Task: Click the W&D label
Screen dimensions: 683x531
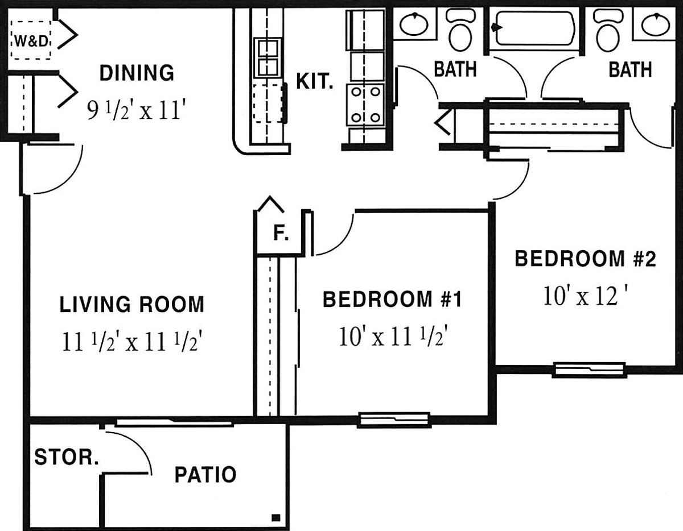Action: point(32,41)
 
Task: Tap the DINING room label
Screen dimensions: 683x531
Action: point(137,73)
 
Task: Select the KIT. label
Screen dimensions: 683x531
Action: point(314,82)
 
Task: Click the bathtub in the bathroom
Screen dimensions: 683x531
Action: point(534,28)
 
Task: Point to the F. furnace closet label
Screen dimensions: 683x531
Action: point(281,233)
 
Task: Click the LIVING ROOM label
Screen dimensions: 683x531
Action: point(132,304)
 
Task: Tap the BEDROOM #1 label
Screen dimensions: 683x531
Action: point(392,299)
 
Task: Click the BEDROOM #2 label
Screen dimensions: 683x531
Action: point(585,259)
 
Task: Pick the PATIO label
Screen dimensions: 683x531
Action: point(205,475)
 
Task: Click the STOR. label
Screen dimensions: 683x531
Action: point(67,457)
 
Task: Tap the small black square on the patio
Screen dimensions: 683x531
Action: point(275,517)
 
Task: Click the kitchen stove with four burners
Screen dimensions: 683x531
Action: point(365,105)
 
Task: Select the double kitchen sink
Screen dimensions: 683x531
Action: point(268,58)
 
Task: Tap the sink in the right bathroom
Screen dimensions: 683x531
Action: point(655,24)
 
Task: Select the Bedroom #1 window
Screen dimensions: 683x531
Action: point(394,420)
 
